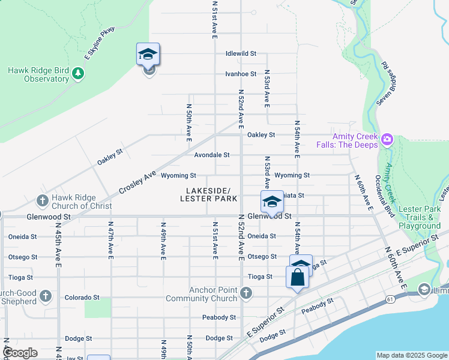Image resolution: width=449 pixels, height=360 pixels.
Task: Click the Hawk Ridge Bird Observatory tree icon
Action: (x=77, y=74)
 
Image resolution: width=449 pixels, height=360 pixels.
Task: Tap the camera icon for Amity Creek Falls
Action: (x=387, y=140)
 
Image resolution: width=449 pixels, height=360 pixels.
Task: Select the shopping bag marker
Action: (x=298, y=278)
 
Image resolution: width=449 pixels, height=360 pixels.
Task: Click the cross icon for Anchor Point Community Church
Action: (x=245, y=293)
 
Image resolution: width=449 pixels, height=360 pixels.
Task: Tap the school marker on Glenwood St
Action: (x=271, y=202)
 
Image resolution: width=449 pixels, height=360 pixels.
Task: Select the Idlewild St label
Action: (x=241, y=53)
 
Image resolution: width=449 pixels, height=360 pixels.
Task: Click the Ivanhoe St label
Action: (x=241, y=74)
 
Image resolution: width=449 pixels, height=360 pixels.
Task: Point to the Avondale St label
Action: (x=211, y=155)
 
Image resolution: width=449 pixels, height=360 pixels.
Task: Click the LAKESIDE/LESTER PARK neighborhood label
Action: (x=209, y=194)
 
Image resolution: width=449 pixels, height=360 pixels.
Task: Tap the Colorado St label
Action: (x=82, y=298)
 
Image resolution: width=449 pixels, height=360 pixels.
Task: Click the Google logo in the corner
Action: (x=21, y=353)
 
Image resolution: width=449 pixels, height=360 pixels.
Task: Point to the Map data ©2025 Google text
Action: (x=411, y=355)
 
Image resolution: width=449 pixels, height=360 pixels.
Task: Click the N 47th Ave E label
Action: (x=110, y=242)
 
